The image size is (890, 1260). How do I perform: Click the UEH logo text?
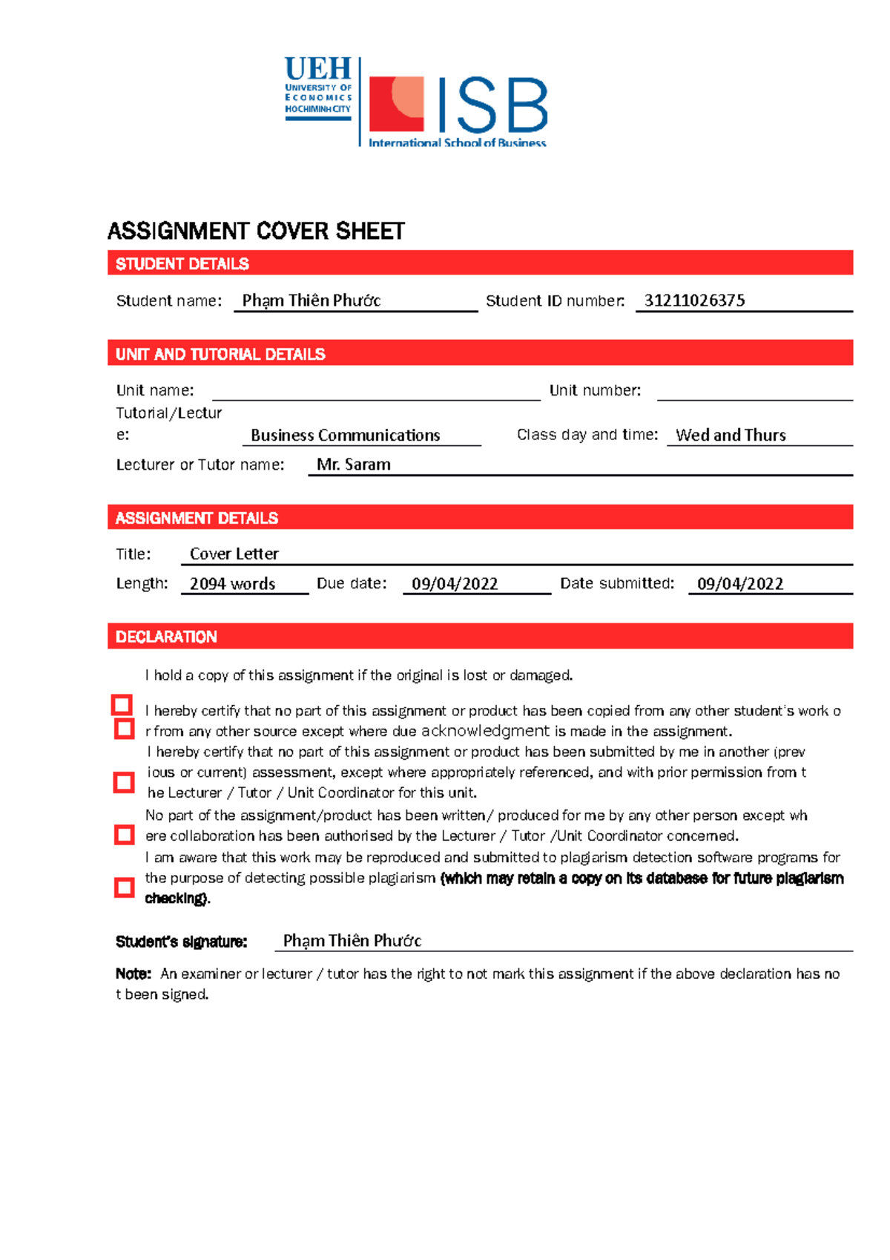[317, 69]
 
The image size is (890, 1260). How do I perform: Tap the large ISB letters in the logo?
[492, 106]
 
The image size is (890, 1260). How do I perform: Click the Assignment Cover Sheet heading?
[256, 231]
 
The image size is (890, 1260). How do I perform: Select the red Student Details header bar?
[480, 263]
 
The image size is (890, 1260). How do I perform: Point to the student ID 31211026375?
[694, 301]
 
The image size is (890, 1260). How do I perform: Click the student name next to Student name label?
[311, 301]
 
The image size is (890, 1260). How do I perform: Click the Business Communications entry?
[345, 436]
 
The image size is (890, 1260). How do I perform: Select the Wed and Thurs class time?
[731, 436]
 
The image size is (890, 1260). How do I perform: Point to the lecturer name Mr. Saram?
[353, 465]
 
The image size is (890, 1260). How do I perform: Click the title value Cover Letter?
[234, 554]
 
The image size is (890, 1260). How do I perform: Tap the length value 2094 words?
[232, 584]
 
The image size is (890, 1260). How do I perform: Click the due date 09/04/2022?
[455, 584]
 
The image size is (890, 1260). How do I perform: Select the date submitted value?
[740, 584]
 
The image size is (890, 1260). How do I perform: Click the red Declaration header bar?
[480, 637]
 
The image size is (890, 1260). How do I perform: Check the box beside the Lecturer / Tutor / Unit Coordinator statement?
[124, 782]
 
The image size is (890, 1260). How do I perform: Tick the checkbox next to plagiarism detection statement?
[124, 887]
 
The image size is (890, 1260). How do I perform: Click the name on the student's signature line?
[352, 941]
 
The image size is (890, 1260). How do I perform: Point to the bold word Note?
[133, 974]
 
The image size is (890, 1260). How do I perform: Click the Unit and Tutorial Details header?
[480, 354]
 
